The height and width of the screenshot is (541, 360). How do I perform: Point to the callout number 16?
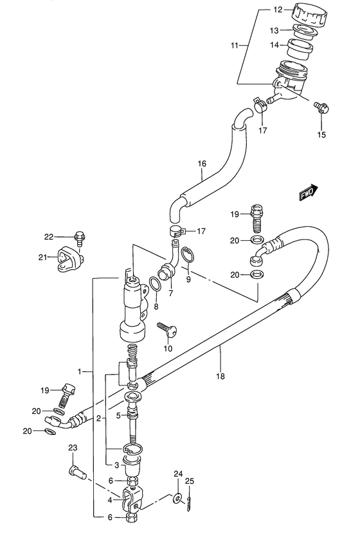[202, 164]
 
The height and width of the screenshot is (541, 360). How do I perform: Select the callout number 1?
[80, 371]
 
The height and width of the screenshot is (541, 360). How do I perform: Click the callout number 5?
[119, 414]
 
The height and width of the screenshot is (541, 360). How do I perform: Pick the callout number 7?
[171, 294]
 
